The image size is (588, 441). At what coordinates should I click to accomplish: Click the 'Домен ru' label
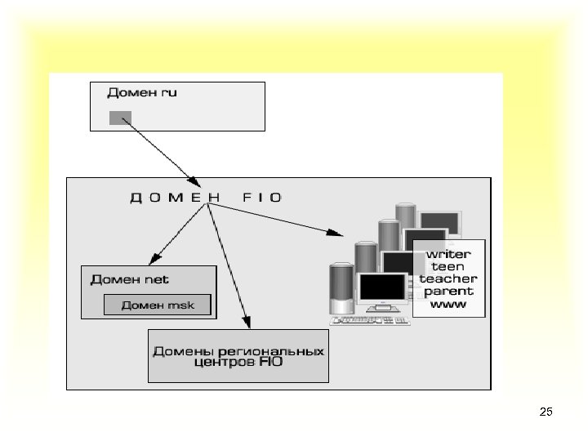(x=142, y=92)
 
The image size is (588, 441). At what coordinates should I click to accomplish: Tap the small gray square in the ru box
(x=119, y=118)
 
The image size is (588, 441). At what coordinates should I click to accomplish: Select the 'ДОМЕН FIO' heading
(x=207, y=197)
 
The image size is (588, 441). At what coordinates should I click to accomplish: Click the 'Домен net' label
(x=130, y=279)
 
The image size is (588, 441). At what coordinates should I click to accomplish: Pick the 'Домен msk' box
(x=158, y=305)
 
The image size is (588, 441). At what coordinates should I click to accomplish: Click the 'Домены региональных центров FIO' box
(x=238, y=355)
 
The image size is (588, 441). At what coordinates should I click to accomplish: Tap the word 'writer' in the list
(x=448, y=254)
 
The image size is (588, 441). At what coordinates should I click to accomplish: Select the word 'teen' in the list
(x=448, y=266)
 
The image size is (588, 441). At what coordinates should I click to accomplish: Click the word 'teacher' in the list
(x=448, y=278)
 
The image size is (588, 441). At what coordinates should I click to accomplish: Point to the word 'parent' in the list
(x=448, y=291)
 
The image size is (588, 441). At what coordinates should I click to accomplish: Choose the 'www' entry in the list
(x=448, y=304)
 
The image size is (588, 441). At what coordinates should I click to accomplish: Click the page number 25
(x=546, y=412)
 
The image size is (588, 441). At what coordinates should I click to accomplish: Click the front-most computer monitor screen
(x=382, y=289)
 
